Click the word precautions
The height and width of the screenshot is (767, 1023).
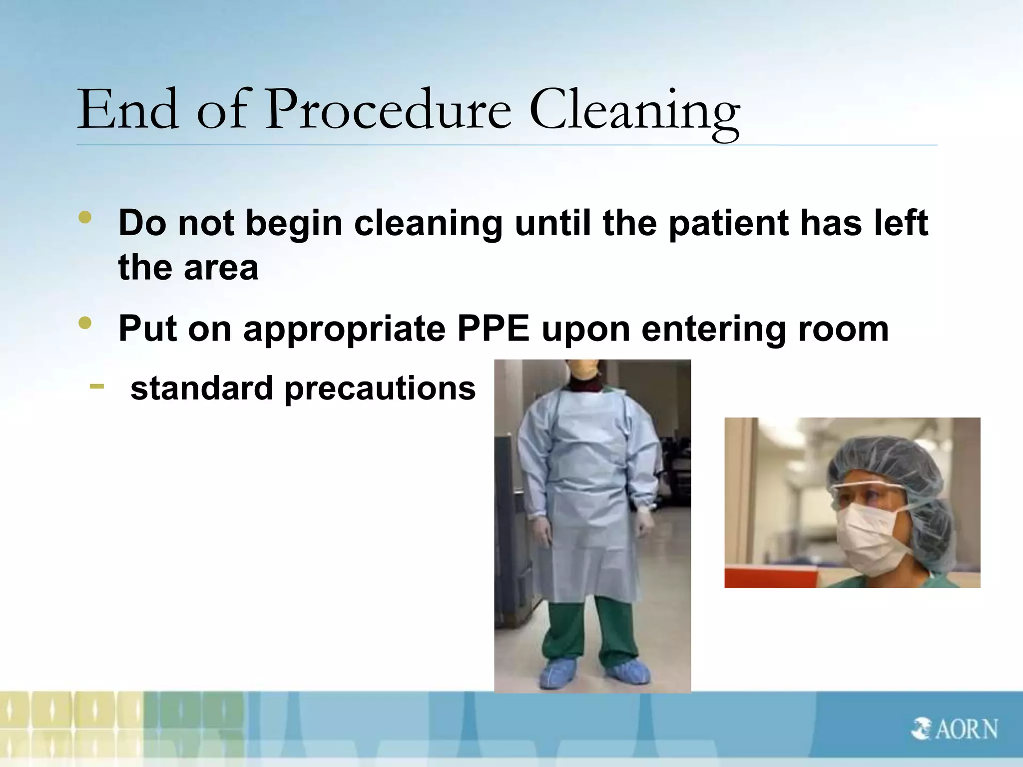click(x=380, y=388)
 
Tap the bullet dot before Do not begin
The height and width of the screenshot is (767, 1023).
click(x=85, y=218)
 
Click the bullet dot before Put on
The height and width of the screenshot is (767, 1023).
click(x=85, y=324)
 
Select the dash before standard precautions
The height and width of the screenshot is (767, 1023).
click(x=97, y=385)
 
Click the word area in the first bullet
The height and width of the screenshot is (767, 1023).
click(x=221, y=268)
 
